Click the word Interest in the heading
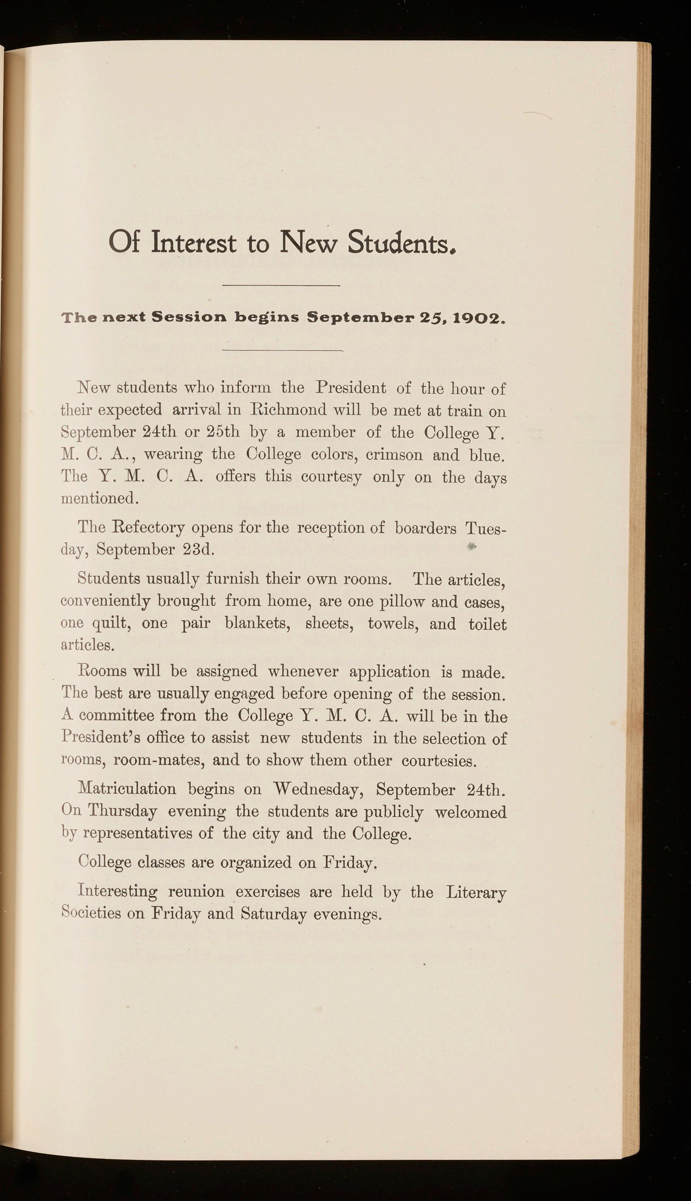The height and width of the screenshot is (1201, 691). pos(194,242)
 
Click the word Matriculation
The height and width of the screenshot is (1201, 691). pos(127,789)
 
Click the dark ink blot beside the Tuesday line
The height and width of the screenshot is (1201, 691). pos(471,546)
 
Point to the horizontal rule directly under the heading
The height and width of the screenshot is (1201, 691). pos(281,285)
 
